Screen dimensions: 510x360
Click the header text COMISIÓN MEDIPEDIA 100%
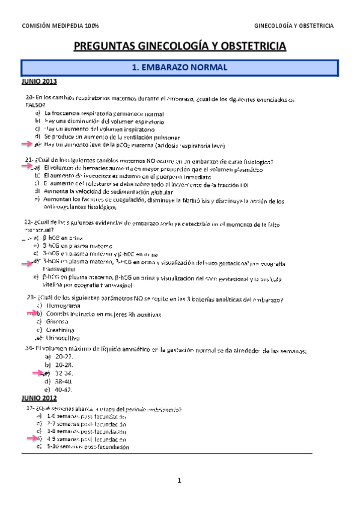pyautogui.click(x=60, y=25)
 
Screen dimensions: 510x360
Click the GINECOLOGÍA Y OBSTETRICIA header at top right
pyautogui.click(x=294, y=25)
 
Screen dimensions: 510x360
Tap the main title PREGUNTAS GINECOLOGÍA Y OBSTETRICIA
pyautogui.click(x=180, y=46)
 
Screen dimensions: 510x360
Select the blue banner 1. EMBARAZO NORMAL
pyautogui.click(x=179, y=68)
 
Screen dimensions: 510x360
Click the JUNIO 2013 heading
pyautogui.click(x=39, y=81)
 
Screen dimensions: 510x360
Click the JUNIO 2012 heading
pyautogui.click(x=39, y=398)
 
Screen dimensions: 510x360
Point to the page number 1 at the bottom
pyautogui.click(x=179, y=480)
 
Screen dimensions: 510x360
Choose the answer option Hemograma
pyautogui.click(x=64, y=306)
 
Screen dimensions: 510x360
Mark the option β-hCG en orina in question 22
pyautogui.click(x=64, y=238)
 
